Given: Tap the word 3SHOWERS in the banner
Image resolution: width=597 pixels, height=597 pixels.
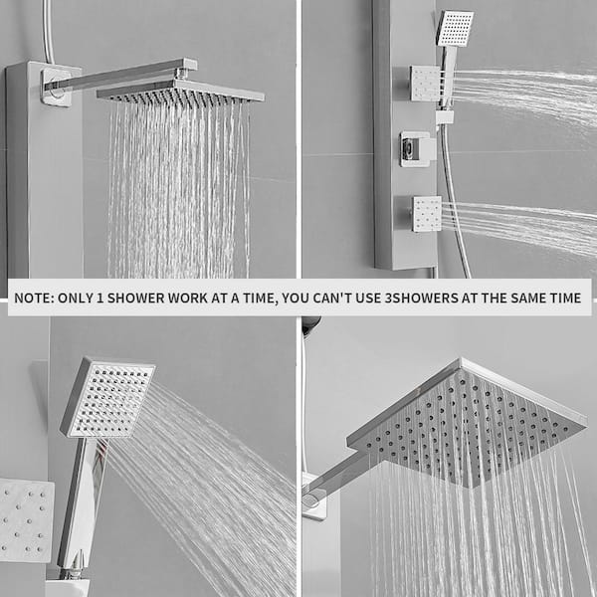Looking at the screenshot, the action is (x=422, y=298).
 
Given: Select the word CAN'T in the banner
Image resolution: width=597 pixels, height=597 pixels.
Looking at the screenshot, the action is (x=333, y=298).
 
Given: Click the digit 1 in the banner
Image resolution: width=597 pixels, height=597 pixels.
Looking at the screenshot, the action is (x=100, y=298).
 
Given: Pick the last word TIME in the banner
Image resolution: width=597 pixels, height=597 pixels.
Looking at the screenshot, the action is (x=565, y=298).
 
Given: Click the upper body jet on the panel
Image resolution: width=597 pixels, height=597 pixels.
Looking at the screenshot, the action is (x=425, y=84).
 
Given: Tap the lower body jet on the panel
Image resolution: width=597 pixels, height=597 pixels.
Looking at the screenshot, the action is (x=427, y=214).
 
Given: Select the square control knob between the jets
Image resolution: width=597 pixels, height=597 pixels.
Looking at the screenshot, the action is (x=417, y=149).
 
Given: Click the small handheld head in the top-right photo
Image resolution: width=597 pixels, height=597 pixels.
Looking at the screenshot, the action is (x=455, y=29).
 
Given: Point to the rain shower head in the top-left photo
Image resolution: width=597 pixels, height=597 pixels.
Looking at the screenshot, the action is (x=180, y=92).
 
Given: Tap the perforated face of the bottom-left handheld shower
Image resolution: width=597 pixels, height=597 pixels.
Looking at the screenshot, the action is (x=110, y=400).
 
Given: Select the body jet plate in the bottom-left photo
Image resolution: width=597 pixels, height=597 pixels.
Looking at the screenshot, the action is (x=25, y=520).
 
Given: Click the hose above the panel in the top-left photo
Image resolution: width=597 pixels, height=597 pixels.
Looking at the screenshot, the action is (x=48, y=31).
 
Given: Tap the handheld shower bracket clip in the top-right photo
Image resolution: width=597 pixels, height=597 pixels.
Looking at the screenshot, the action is (x=445, y=117).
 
